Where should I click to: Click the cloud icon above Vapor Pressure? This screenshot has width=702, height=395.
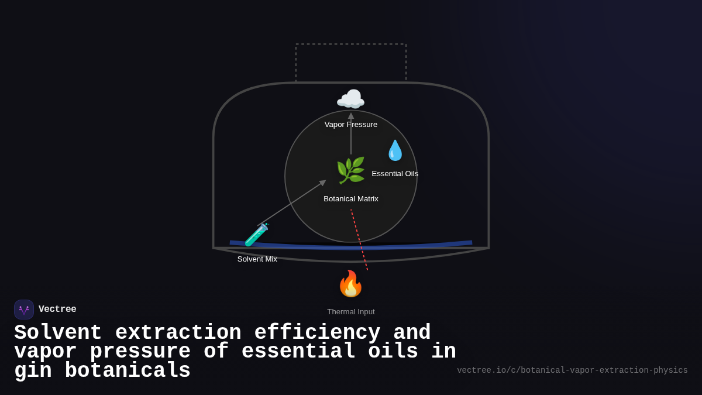pos(350,99)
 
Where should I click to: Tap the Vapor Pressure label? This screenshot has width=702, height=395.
pos(351,125)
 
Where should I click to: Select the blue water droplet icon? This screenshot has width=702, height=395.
pos(395,150)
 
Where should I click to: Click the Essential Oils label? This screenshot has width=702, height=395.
pos(395,174)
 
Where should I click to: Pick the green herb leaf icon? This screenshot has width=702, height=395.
pos(350,170)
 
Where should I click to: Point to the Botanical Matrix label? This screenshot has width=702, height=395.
pos(351,199)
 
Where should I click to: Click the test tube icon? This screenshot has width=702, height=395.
pos(256,235)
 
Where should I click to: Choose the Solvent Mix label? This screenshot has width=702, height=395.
pos(257,259)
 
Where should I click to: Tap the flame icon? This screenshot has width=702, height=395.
pos(350,284)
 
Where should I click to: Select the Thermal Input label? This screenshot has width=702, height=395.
pos(351,312)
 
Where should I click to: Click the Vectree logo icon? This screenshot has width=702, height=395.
pos(24,310)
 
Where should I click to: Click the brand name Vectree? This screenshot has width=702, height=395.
pos(57,310)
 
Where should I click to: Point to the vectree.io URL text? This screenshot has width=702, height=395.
pos(572,370)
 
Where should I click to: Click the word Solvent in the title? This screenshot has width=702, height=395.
pos(58,333)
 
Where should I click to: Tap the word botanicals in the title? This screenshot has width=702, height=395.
pos(128,371)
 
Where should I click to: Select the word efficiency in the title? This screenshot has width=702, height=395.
pos(317,333)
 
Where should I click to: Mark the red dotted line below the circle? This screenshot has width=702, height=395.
pos(359,240)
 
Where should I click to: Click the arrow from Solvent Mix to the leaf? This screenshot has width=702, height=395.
pos(292,202)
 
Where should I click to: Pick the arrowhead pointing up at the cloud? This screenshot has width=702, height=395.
pos(351,116)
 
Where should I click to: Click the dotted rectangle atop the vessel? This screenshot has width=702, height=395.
pos(351,44)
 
